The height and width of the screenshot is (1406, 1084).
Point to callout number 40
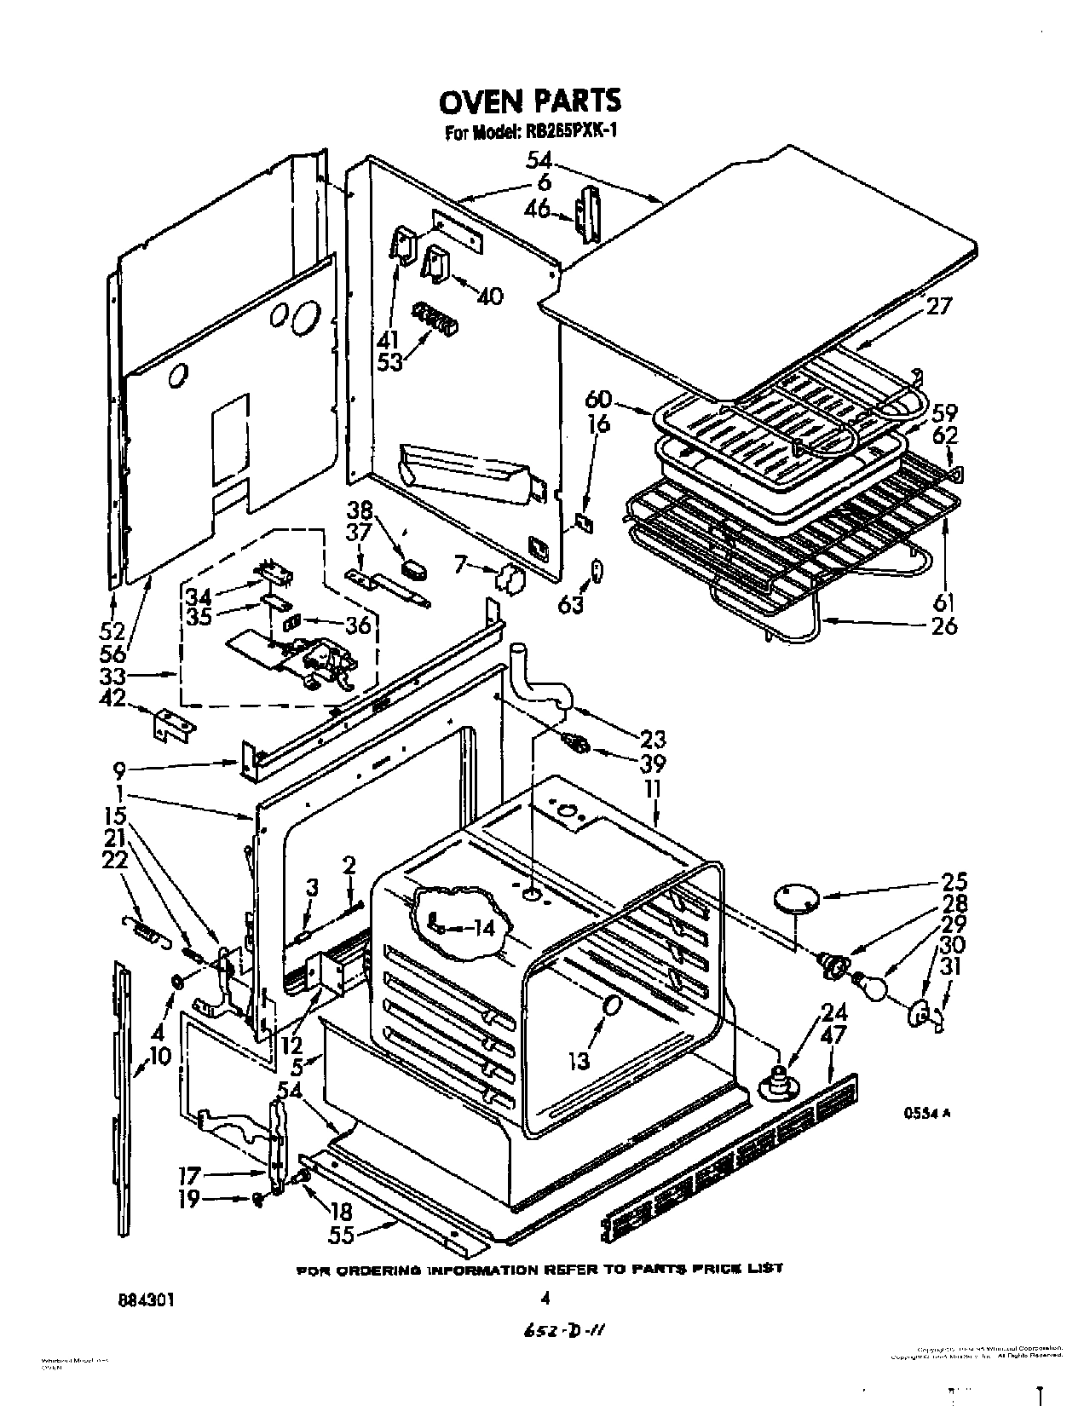489,296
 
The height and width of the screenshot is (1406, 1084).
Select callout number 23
652,739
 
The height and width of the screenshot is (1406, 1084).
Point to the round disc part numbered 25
798,898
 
